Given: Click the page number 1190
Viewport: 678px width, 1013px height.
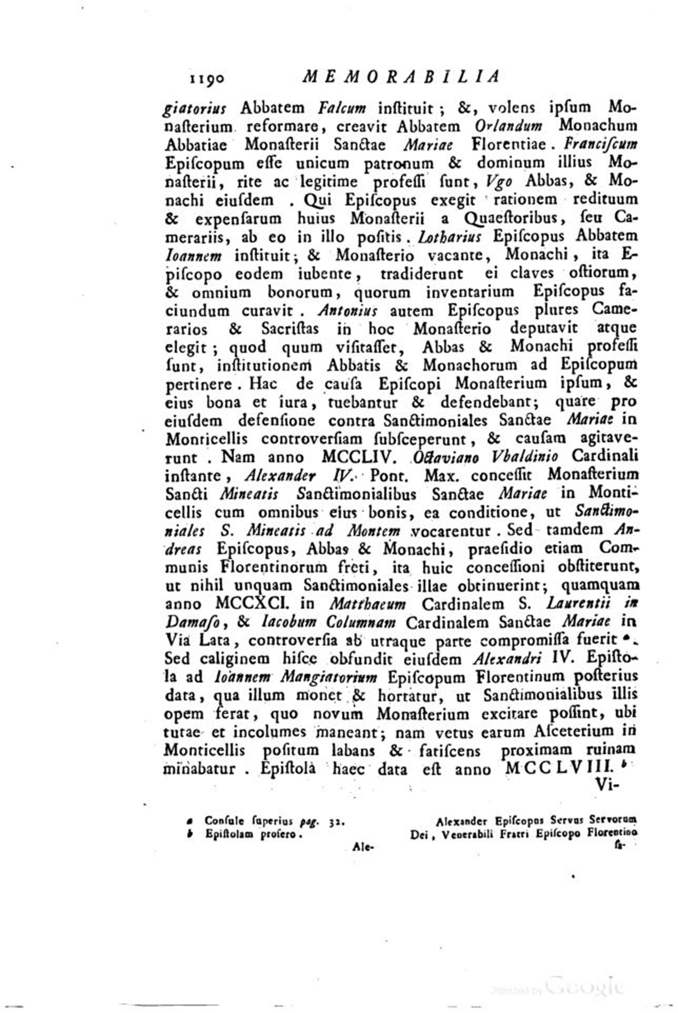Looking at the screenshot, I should point(206,78).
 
